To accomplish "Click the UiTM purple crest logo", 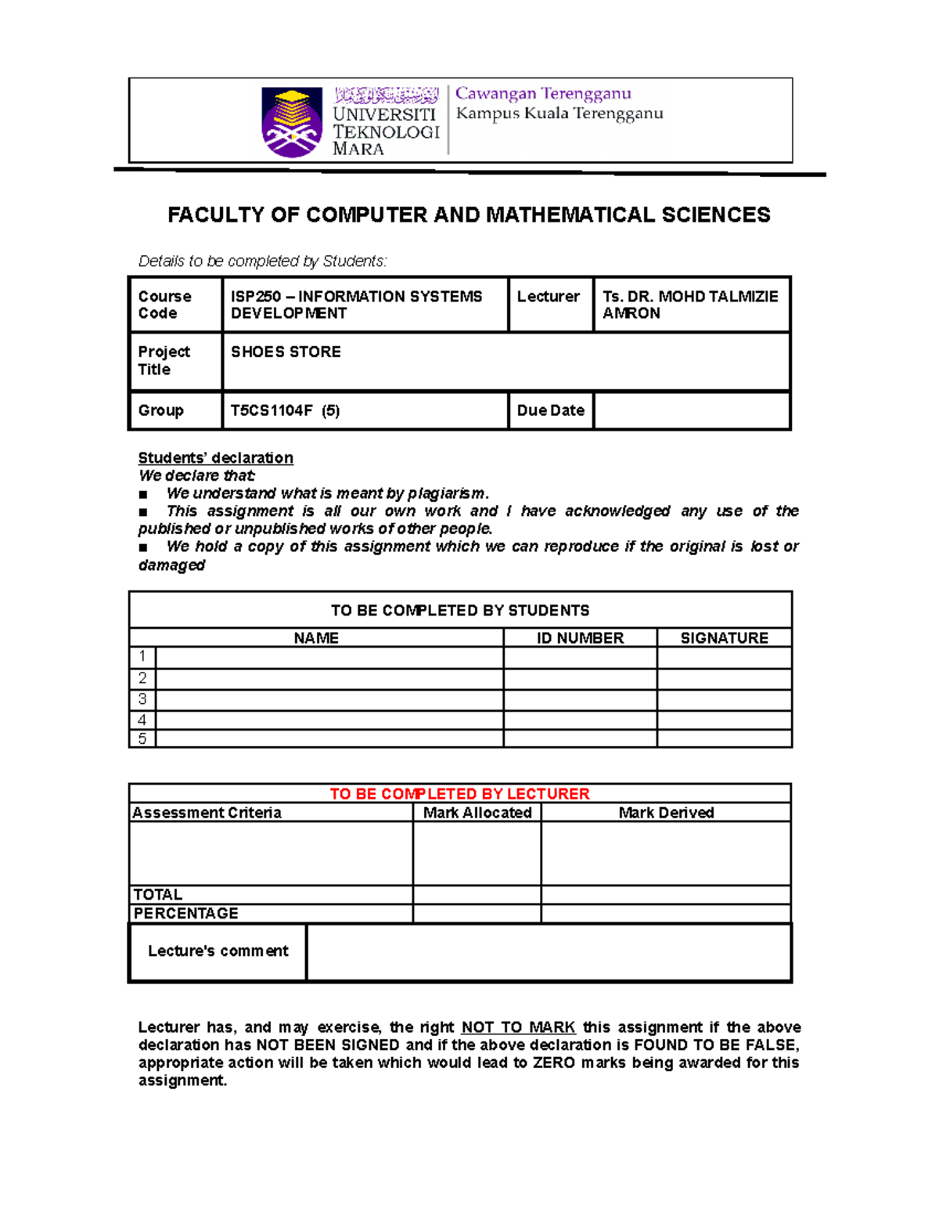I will point(291,122).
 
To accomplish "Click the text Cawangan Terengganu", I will point(543,94).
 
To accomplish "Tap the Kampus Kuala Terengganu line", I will point(559,114).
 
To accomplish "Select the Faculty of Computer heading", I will point(469,215).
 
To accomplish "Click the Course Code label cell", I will point(165,305).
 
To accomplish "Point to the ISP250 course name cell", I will point(356,305).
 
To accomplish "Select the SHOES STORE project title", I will point(286,352).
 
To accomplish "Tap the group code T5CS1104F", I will point(271,410).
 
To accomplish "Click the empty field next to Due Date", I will point(691,411).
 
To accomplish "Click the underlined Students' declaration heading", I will point(215,458).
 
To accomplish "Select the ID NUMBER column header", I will point(580,638).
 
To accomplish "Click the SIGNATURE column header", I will point(724,638).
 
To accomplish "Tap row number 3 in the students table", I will point(142,699).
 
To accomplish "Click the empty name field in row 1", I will point(329,657).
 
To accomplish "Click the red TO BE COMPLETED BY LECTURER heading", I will point(459,794).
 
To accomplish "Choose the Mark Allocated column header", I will point(477,813).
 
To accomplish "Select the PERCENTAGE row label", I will point(186,914).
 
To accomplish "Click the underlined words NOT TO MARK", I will point(518,1027).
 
